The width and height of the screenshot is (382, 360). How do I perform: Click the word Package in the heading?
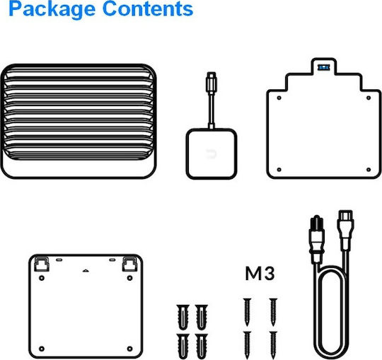pyautogui.click(x=52, y=9)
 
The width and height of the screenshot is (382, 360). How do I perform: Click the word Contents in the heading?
pyautogui.click(x=148, y=8)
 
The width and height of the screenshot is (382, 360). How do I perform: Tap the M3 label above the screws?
pyautogui.click(x=260, y=274)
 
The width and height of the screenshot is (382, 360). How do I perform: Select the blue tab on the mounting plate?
pyautogui.click(x=324, y=67)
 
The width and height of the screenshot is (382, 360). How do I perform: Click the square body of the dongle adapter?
pyautogui.click(x=212, y=153)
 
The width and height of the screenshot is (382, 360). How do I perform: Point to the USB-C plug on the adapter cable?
pyautogui.click(x=212, y=82)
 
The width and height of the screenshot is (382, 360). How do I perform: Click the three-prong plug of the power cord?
pyautogui.click(x=316, y=238)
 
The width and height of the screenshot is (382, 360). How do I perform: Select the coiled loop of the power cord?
pyautogui.click(x=331, y=314)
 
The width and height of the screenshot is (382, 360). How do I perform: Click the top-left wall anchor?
pyautogui.click(x=183, y=316)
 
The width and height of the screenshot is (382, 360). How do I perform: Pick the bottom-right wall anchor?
pyautogui.click(x=202, y=347)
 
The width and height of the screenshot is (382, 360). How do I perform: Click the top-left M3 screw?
pyautogui.click(x=247, y=312)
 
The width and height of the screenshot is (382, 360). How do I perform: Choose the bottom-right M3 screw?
pyautogui.click(x=273, y=345)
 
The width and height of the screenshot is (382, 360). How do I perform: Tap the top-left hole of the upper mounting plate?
pyautogui.click(x=279, y=98)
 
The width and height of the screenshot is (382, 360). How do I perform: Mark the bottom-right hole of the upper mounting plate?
pyautogui.click(x=369, y=170)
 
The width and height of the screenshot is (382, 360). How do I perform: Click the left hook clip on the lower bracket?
pyautogui.click(x=42, y=264)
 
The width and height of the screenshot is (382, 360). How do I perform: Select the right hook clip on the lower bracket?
pyautogui.click(x=129, y=264)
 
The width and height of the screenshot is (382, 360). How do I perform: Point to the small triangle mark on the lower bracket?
pyautogui.click(x=86, y=270)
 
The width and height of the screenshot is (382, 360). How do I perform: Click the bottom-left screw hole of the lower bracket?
pyautogui.click(x=42, y=349)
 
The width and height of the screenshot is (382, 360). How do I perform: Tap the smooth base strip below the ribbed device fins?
pyautogui.click(x=79, y=168)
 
